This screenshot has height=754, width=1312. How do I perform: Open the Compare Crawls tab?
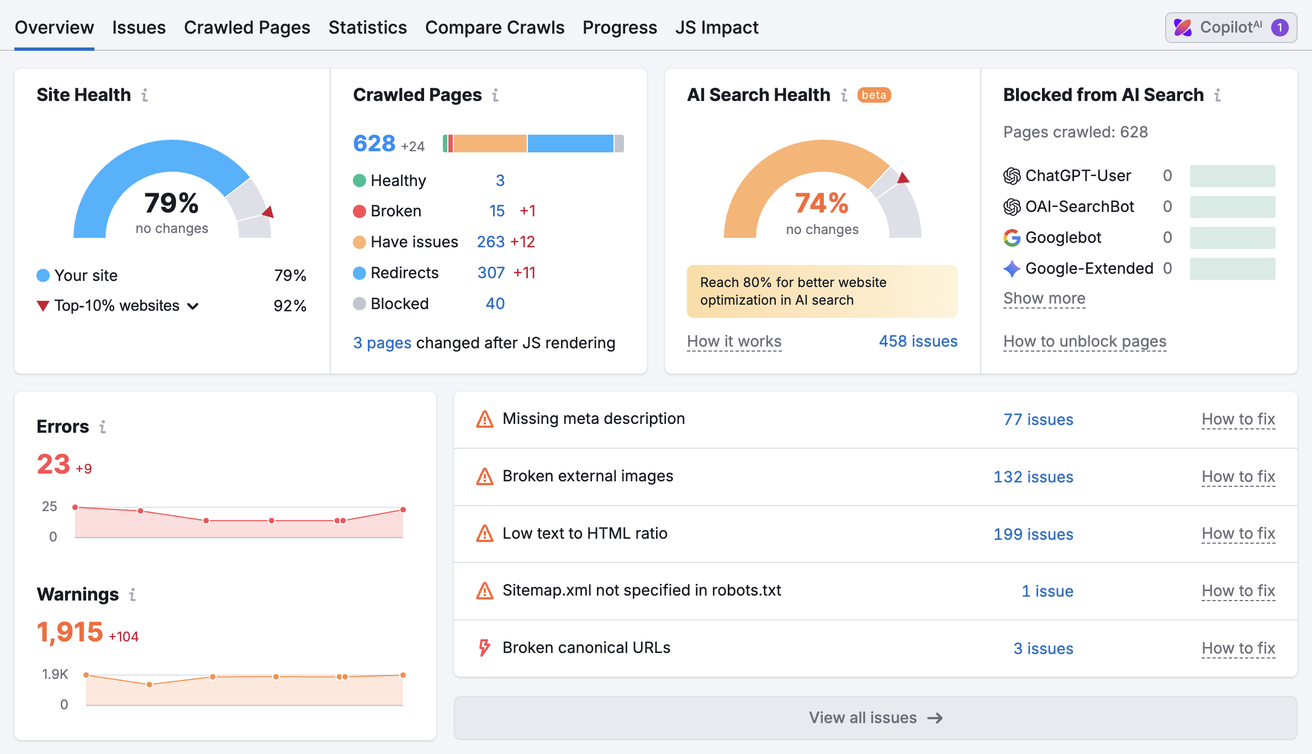tap(494, 28)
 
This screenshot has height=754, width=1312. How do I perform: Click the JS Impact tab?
tap(717, 28)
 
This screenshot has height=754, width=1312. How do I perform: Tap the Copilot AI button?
tap(1231, 28)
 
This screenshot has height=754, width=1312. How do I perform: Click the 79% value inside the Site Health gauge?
tap(171, 203)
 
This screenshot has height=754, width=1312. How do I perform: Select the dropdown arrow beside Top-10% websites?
tap(193, 306)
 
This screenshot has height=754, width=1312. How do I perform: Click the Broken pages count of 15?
tap(497, 211)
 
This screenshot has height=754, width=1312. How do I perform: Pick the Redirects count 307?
tap(491, 273)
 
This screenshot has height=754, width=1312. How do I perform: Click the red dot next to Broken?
tap(359, 211)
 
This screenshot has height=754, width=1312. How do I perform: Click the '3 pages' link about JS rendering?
tap(382, 343)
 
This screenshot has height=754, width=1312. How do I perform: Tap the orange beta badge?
tap(874, 95)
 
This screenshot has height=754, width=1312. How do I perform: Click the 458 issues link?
tap(918, 341)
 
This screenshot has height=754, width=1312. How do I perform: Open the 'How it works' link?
tap(734, 341)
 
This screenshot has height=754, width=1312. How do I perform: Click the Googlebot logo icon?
tap(1012, 238)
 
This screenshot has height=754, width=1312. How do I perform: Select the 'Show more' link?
tap(1044, 298)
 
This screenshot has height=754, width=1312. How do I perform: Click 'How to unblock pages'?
tap(1084, 341)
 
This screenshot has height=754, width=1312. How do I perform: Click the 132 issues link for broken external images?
tap(1033, 477)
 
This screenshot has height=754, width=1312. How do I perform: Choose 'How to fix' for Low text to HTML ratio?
tap(1238, 533)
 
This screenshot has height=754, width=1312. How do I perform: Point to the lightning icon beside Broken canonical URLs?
tap(484, 647)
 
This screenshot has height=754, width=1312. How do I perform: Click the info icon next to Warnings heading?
tap(133, 594)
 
